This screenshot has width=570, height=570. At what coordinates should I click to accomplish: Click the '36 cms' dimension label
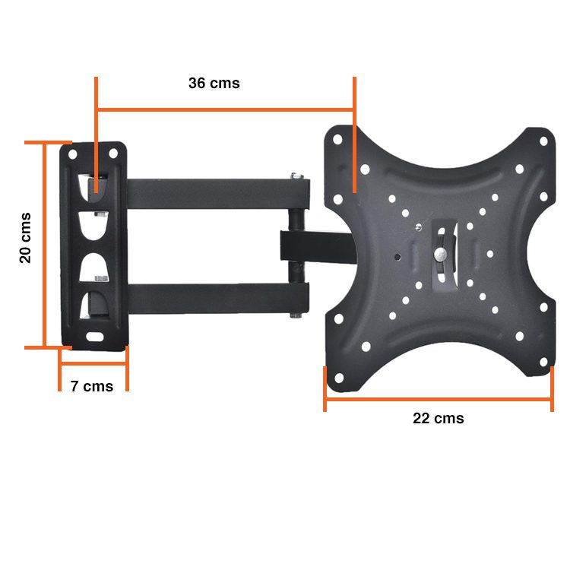(x=214, y=84)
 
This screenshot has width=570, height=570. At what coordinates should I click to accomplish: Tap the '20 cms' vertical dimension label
(x=26, y=237)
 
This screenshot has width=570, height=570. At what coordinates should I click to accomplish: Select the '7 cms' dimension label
(x=92, y=386)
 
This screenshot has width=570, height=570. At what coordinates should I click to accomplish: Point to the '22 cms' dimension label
(x=439, y=418)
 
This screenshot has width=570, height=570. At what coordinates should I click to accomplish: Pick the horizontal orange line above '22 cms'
(x=439, y=397)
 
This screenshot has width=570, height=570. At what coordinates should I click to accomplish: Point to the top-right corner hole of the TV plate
(x=543, y=141)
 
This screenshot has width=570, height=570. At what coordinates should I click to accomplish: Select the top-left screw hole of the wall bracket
(x=74, y=154)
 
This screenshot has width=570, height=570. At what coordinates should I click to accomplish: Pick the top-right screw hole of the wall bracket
(x=114, y=154)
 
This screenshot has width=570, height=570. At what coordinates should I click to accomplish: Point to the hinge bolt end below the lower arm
(x=294, y=312)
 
